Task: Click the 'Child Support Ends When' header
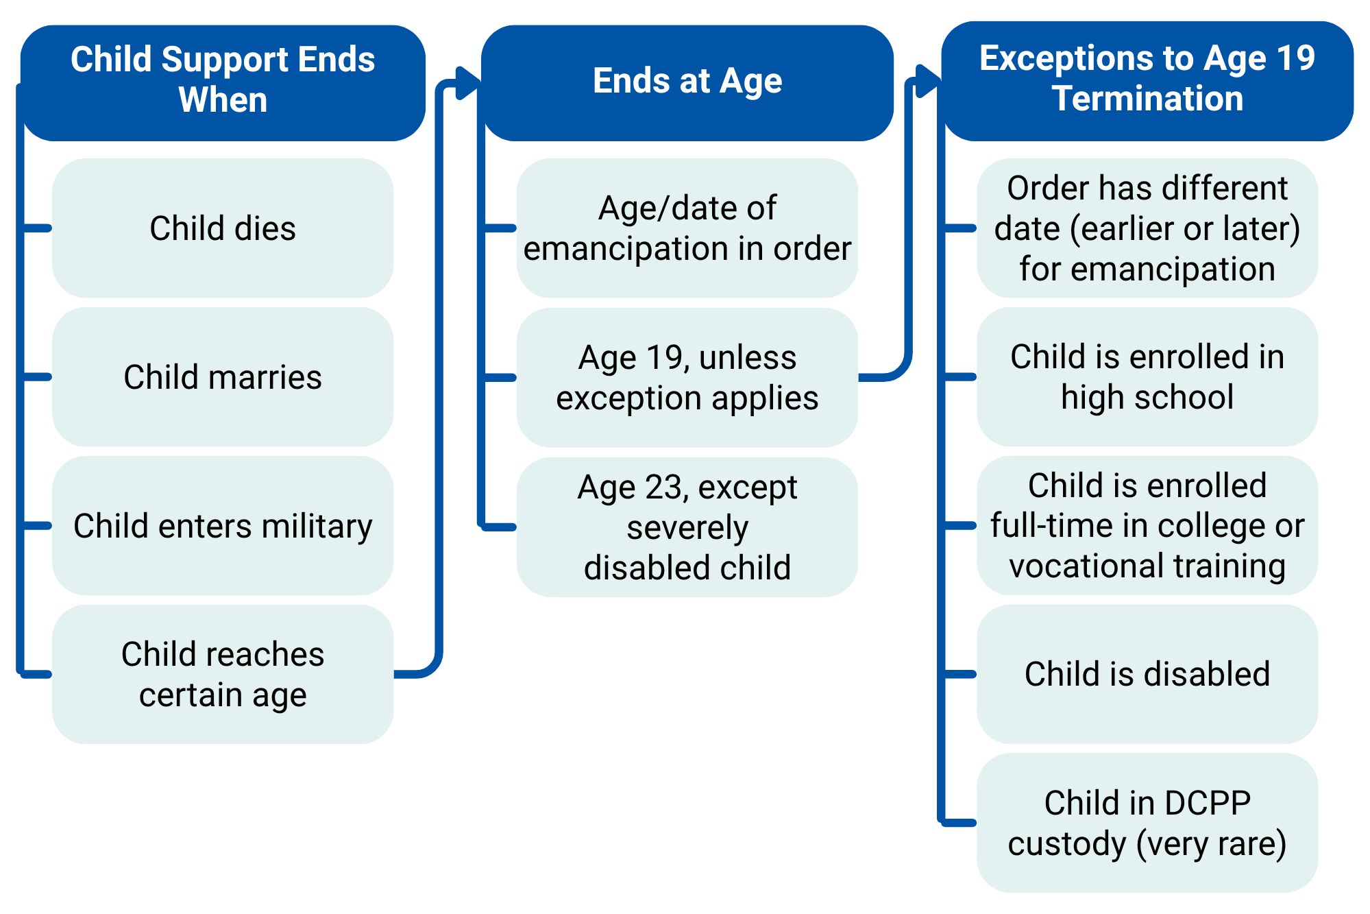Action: click(x=223, y=83)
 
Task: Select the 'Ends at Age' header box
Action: click(x=687, y=83)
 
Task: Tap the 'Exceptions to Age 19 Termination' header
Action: click(x=1147, y=81)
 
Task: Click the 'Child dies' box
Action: click(x=223, y=228)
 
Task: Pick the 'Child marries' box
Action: click(x=223, y=377)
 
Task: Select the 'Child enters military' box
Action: click(x=223, y=526)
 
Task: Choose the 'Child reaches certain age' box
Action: click(x=223, y=675)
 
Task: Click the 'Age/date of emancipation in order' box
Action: click(x=687, y=228)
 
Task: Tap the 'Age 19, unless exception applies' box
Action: click(x=687, y=378)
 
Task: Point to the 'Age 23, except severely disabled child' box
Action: click(x=687, y=527)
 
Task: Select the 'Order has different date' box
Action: click(x=1147, y=228)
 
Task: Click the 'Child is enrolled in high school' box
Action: click(x=1147, y=377)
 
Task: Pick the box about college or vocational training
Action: click(x=1147, y=526)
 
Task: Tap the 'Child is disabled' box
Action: click(x=1147, y=675)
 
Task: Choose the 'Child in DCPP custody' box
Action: click(x=1147, y=823)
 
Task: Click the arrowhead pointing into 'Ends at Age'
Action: click(x=468, y=83)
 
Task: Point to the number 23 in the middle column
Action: click(x=664, y=488)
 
